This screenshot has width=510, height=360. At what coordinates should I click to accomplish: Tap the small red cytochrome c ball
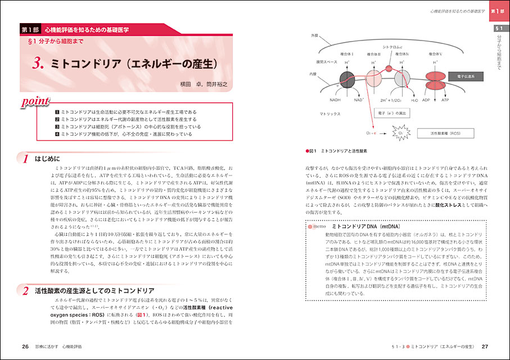(x=389, y=69)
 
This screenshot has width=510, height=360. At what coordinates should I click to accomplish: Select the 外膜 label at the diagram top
(x=314, y=35)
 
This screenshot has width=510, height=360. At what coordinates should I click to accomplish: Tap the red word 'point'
(x=35, y=102)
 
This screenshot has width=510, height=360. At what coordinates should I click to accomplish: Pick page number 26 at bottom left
(x=25, y=346)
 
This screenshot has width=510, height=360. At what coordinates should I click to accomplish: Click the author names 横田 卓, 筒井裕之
(x=199, y=84)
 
